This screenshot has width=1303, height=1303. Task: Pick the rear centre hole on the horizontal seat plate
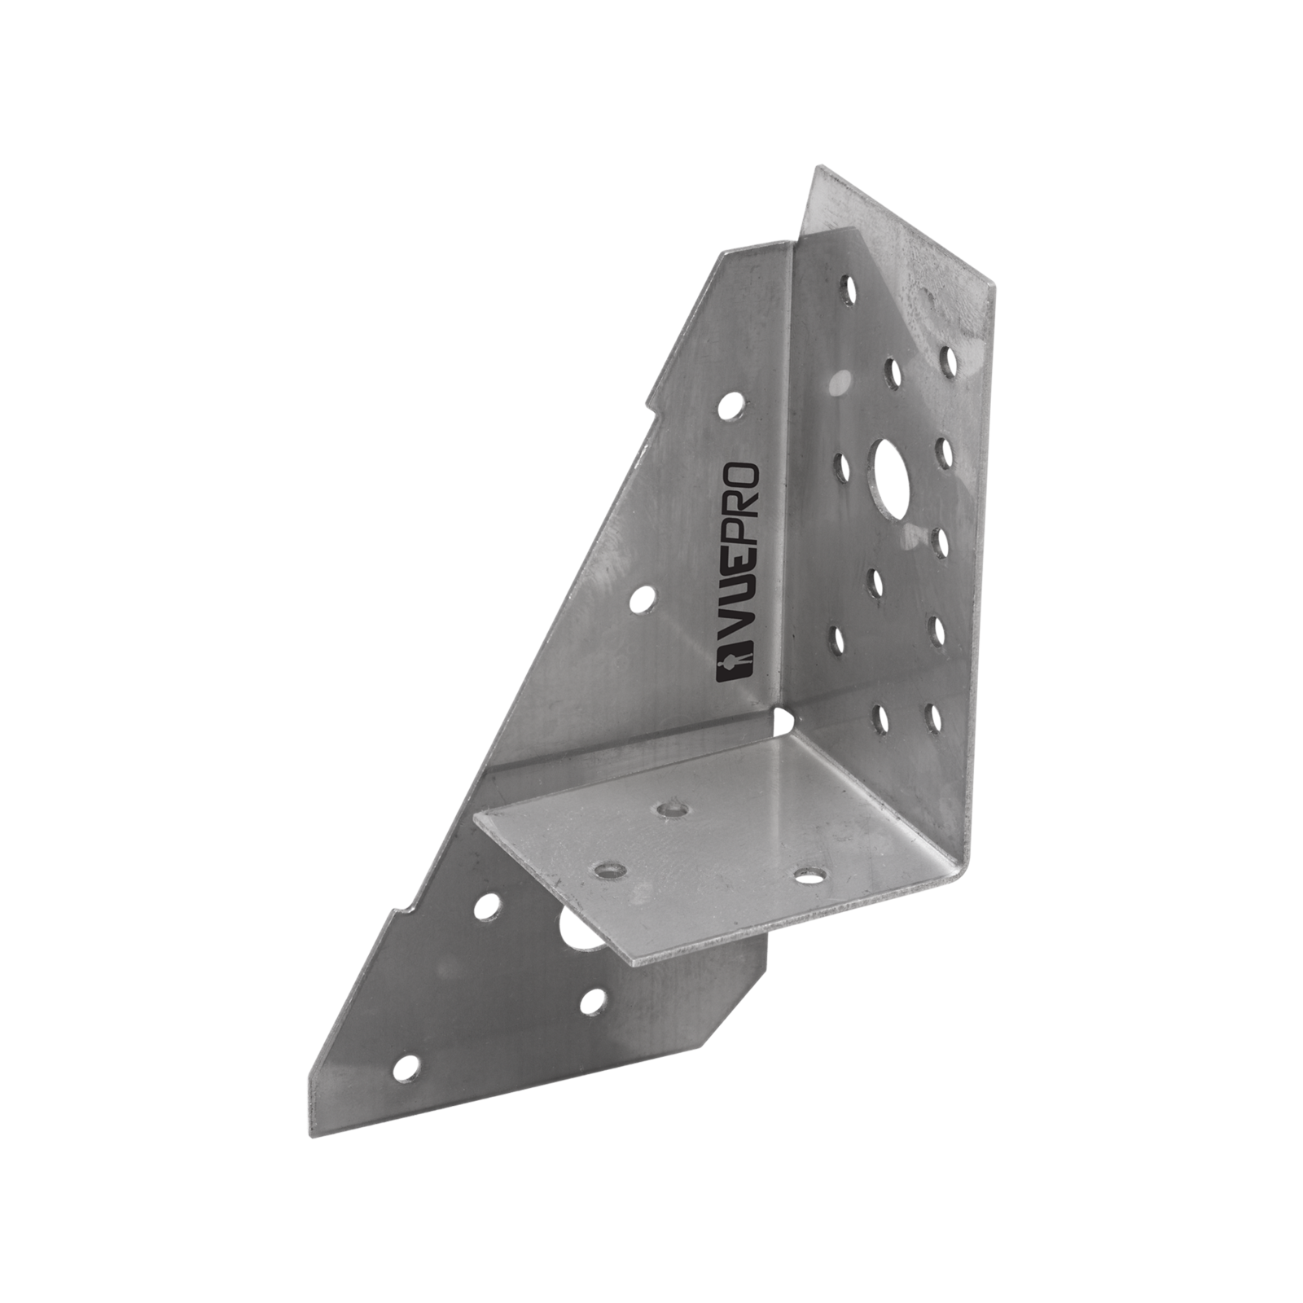(669, 809)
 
